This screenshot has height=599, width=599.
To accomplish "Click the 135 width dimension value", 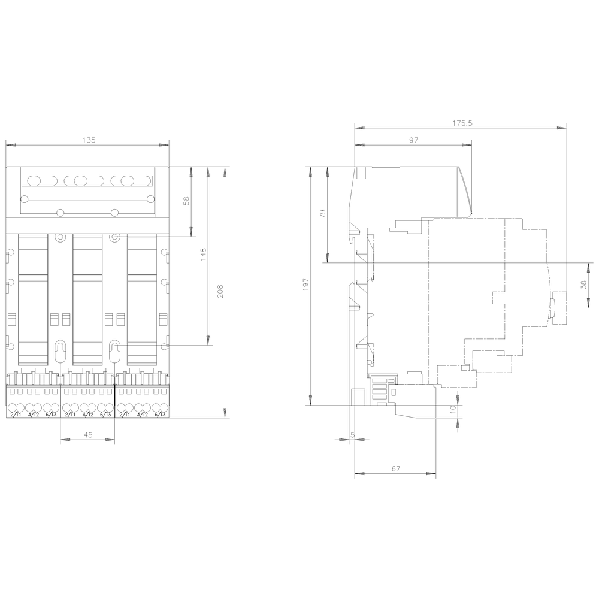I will click(x=88, y=140).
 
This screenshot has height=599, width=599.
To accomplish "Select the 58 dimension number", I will click(x=186, y=202).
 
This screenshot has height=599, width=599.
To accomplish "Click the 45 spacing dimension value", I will click(x=87, y=435).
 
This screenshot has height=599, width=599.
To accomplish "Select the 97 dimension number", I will click(x=413, y=140).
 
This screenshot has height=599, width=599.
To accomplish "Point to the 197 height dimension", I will click(x=305, y=285).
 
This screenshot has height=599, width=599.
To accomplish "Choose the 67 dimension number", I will click(x=395, y=469).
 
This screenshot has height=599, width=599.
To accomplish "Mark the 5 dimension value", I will click(x=352, y=435).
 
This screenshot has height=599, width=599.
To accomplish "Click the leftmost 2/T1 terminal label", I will click(x=16, y=415).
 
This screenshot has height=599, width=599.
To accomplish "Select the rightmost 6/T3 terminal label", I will click(x=159, y=415).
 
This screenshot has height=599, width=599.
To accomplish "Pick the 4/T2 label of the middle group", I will click(x=87, y=415).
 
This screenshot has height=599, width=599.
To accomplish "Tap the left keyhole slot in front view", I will click(x=60, y=351).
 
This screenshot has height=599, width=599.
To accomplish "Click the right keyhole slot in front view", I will click(x=114, y=351).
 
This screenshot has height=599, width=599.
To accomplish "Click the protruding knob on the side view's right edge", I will click(x=552, y=307).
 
